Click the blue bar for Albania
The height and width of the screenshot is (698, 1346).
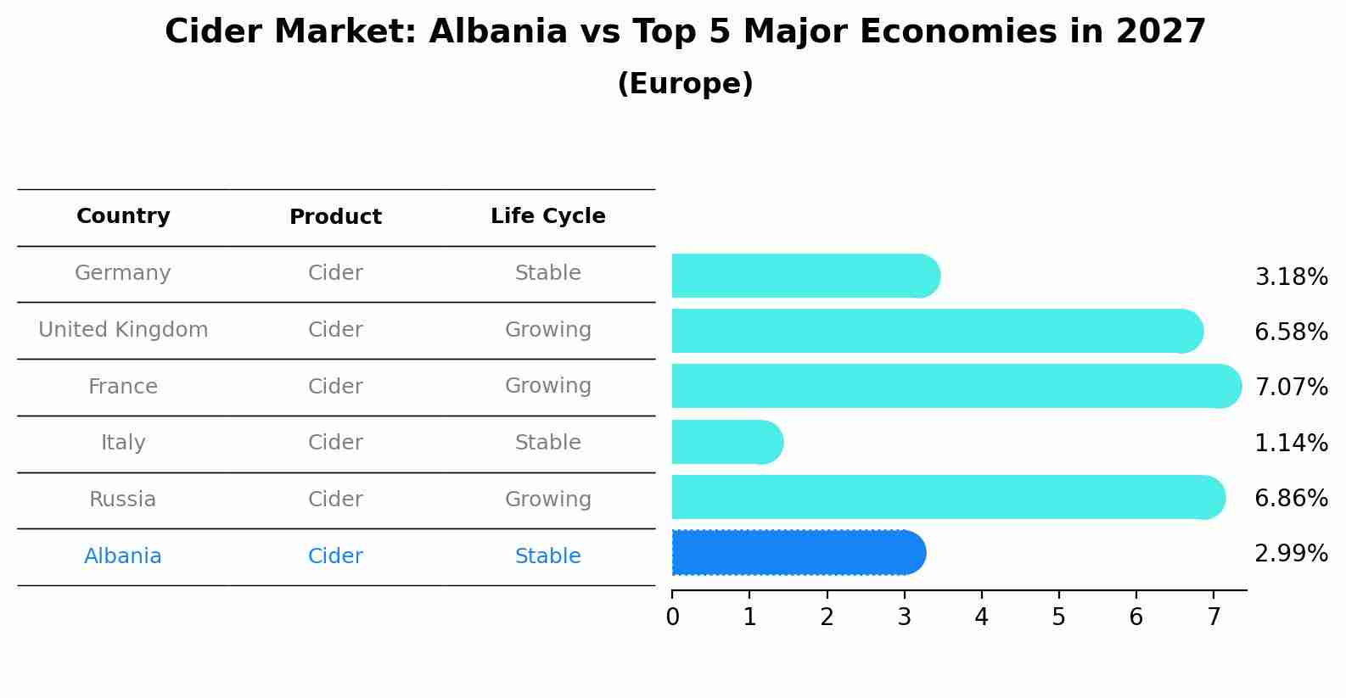click(x=798, y=553)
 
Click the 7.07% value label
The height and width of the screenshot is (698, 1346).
click(x=1291, y=388)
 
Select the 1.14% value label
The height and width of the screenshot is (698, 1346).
click(x=1291, y=443)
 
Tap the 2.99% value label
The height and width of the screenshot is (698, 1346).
click(x=1291, y=554)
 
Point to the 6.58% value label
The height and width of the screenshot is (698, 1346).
click(x=1291, y=332)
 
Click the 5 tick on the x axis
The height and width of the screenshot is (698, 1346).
click(x=1058, y=617)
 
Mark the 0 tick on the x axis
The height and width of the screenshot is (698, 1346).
click(x=672, y=617)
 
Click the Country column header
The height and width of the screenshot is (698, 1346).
click(x=123, y=216)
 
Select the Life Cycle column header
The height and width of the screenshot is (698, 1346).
click(x=547, y=216)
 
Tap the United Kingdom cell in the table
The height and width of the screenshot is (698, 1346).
click(x=123, y=330)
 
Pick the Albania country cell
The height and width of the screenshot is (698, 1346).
click(x=123, y=556)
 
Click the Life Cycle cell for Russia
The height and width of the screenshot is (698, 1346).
click(x=547, y=500)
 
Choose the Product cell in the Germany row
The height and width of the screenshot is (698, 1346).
click(x=335, y=273)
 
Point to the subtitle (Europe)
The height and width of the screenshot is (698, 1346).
click(x=685, y=84)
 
